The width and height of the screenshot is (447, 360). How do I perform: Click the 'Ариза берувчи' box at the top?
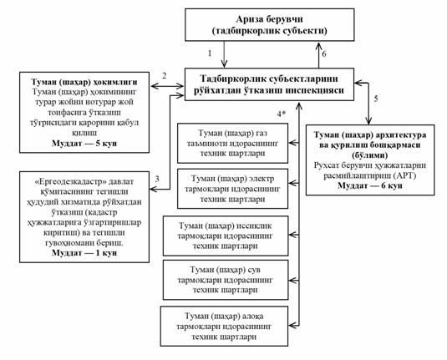(270, 24)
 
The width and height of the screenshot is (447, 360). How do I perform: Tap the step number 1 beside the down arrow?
(210, 53)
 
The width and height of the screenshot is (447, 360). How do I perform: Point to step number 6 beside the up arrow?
(324, 53)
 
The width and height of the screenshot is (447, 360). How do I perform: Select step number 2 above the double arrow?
(165, 76)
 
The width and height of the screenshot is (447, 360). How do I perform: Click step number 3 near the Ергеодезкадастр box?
(157, 179)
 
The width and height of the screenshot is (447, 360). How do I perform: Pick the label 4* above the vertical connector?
(282, 114)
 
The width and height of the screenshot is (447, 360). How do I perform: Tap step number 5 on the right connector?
(376, 99)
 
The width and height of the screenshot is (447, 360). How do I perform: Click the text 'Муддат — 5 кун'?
(84, 143)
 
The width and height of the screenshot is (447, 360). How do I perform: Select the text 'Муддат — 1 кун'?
(84, 253)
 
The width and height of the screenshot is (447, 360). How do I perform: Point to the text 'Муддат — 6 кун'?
(370, 185)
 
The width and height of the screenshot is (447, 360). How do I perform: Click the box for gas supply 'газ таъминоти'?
(232, 143)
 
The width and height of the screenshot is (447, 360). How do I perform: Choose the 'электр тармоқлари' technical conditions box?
(232, 189)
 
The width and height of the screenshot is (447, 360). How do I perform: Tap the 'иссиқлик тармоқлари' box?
(226, 236)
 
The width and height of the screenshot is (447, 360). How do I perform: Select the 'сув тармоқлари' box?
(226, 280)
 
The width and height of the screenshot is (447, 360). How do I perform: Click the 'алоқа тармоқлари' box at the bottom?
(224, 327)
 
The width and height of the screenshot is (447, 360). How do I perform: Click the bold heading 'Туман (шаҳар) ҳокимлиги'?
(84, 82)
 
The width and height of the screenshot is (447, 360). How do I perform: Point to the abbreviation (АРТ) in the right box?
(405, 175)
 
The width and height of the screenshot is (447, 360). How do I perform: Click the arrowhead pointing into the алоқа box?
(292, 325)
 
